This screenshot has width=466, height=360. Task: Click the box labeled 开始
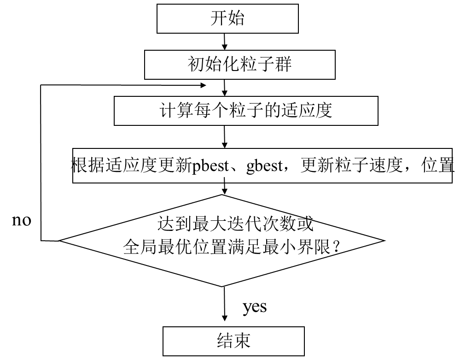(227, 19)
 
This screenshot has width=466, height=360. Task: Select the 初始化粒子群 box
(239, 65)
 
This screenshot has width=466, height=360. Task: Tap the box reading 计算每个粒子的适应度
(246, 111)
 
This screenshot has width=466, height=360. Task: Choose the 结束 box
(233, 341)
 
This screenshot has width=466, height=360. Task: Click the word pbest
(210, 166)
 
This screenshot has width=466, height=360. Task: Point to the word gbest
(264, 166)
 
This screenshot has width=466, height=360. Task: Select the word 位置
(437, 166)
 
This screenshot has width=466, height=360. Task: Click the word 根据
(89, 166)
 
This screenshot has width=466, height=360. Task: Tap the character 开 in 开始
(219, 19)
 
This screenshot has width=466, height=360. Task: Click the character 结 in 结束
(225, 341)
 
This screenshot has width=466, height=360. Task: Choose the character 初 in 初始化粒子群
(196, 65)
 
